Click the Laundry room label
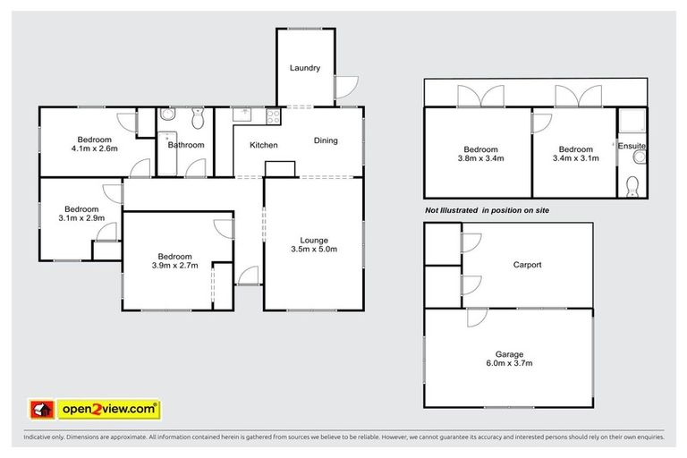click(305, 68)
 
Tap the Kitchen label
click(263, 145)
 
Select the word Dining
click(326, 140)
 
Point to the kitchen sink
click(242, 114)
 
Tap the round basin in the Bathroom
click(167, 116)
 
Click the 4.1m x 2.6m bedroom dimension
click(94, 149)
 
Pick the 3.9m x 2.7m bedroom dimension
click(169, 266)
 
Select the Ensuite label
click(632, 145)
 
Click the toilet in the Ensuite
click(632, 186)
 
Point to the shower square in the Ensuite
click(632, 123)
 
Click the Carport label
click(529, 265)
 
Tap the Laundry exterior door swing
click(347, 87)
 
